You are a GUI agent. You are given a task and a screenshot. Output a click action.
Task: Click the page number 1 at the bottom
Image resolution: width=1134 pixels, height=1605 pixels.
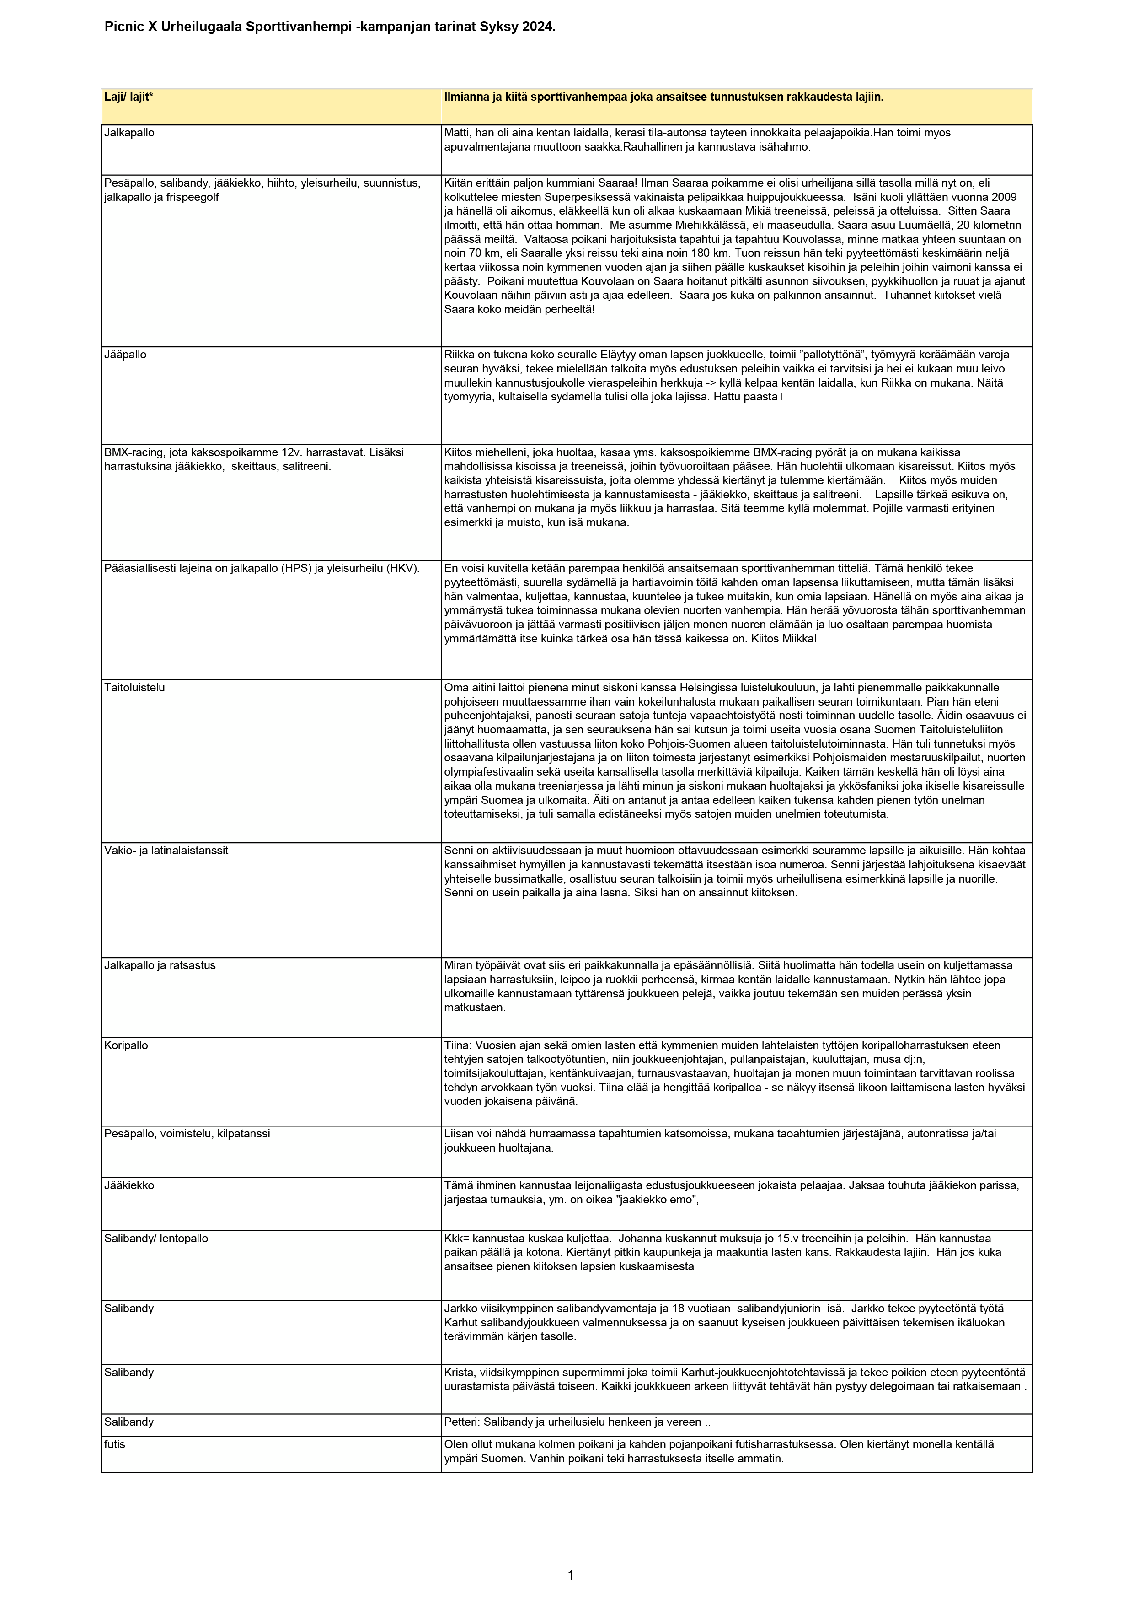(x=570, y=1574)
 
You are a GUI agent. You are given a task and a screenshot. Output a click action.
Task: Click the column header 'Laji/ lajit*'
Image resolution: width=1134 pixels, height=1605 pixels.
(x=128, y=97)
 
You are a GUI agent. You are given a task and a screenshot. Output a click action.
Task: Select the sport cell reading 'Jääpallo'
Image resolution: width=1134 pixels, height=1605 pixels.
(x=125, y=355)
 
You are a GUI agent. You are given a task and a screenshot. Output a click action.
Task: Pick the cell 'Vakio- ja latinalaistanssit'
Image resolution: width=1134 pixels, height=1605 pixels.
(x=166, y=850)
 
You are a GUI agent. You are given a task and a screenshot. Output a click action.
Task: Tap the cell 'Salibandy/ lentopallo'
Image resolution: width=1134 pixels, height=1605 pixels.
(x=156, y=1238)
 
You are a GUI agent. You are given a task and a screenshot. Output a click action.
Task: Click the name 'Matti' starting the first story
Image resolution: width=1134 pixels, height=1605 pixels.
(x=456, y=132)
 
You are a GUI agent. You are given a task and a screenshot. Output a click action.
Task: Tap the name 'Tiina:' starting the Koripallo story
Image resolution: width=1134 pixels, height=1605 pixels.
(x=458, y=1045)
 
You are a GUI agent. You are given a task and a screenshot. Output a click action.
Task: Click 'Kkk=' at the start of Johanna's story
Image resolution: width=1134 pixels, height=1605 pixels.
(x=457, y=1238)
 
